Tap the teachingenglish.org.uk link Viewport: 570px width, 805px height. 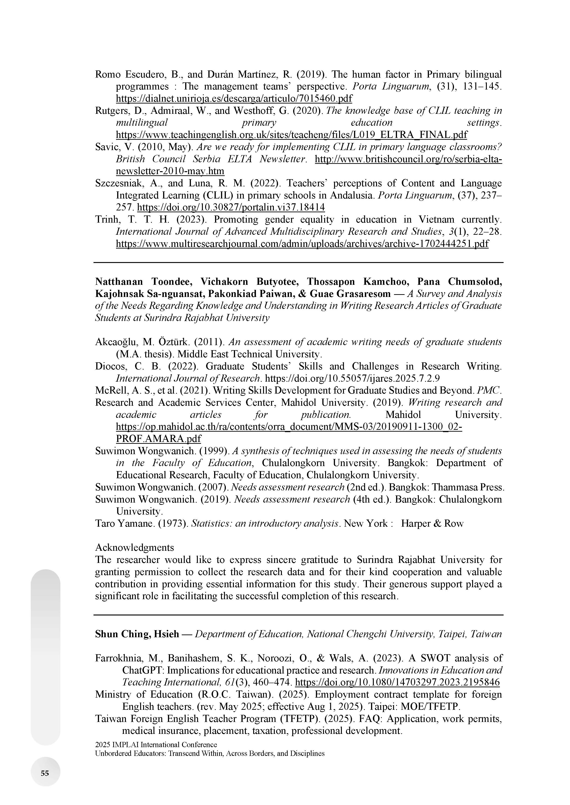(291, 135)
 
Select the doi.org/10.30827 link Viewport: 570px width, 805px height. (231, 207)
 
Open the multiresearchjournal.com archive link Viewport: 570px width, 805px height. (302, 244)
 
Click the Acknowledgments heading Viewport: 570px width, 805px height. (134, 548)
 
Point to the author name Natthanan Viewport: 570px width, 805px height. (119, 282)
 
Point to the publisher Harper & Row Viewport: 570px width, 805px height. (432, 523)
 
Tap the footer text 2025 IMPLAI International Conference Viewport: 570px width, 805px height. (156, 744)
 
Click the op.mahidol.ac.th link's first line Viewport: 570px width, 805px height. (289, 427)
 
